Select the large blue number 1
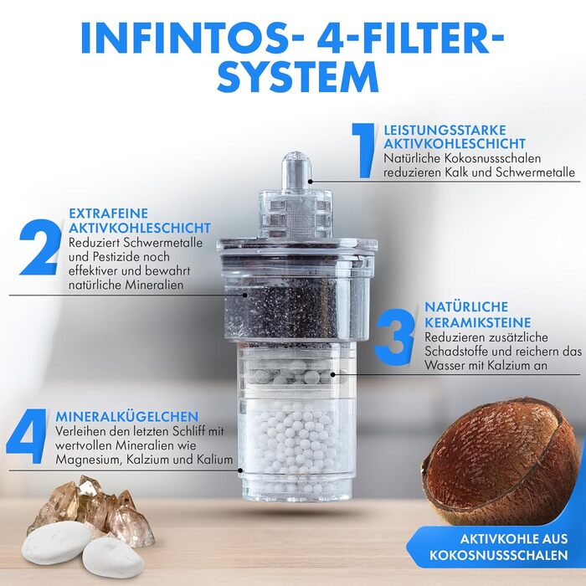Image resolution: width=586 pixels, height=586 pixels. (x=362, y=150)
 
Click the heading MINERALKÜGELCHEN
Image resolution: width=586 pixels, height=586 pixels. (x=127, y=416)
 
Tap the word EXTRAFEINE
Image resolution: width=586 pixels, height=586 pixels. (x=108, y=213)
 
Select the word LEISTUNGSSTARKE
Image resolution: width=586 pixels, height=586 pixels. (x=445, y=130)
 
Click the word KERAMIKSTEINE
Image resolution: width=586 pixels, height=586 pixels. (x=478, y=322)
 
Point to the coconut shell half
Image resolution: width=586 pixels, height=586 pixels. (x=501, y=467)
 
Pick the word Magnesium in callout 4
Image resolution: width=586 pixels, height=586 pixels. (x=89, y=460)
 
